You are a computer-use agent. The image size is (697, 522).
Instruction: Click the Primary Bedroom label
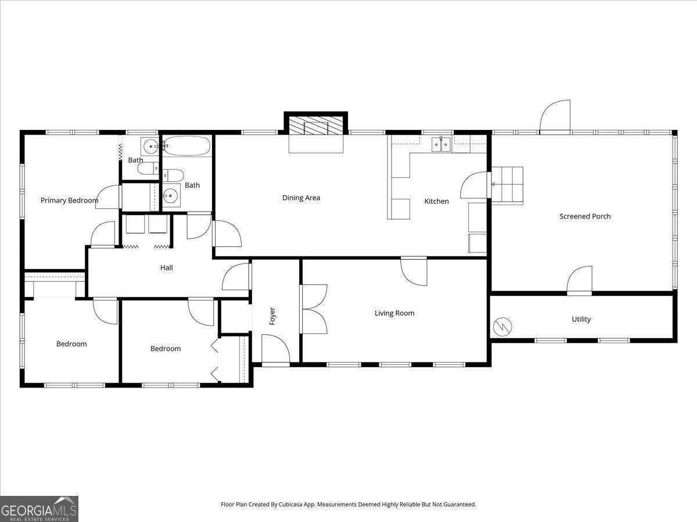tap(69, 201)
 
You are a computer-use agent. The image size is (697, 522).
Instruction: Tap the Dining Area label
tap(301, 198)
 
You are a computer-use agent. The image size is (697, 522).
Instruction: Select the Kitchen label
tap(436, 201)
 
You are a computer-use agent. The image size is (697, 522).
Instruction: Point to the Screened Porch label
tap(585, 216)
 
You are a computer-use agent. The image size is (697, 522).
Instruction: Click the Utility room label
tap(581, 319)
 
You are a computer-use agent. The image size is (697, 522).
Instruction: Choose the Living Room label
tap(394, 313)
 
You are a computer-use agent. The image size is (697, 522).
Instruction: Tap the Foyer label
tap(272, 316)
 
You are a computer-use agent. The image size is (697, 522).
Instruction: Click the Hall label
tap(167, 268)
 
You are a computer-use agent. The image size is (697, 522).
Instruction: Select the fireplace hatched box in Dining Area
tap(317, 126)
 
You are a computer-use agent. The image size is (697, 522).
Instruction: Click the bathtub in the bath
tap(186, 146)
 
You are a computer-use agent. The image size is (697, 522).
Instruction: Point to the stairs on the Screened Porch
tap(507, 184)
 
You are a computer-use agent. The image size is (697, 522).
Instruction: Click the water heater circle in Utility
tap(502, 327)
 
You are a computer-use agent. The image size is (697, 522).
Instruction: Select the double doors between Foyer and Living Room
tap(314, 309)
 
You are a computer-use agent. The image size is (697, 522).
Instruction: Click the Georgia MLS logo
tap(39, 509)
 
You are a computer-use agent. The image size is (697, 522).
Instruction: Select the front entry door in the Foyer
tap(275, 350)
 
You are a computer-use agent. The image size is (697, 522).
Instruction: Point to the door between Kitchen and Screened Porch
tap(475, 186)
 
